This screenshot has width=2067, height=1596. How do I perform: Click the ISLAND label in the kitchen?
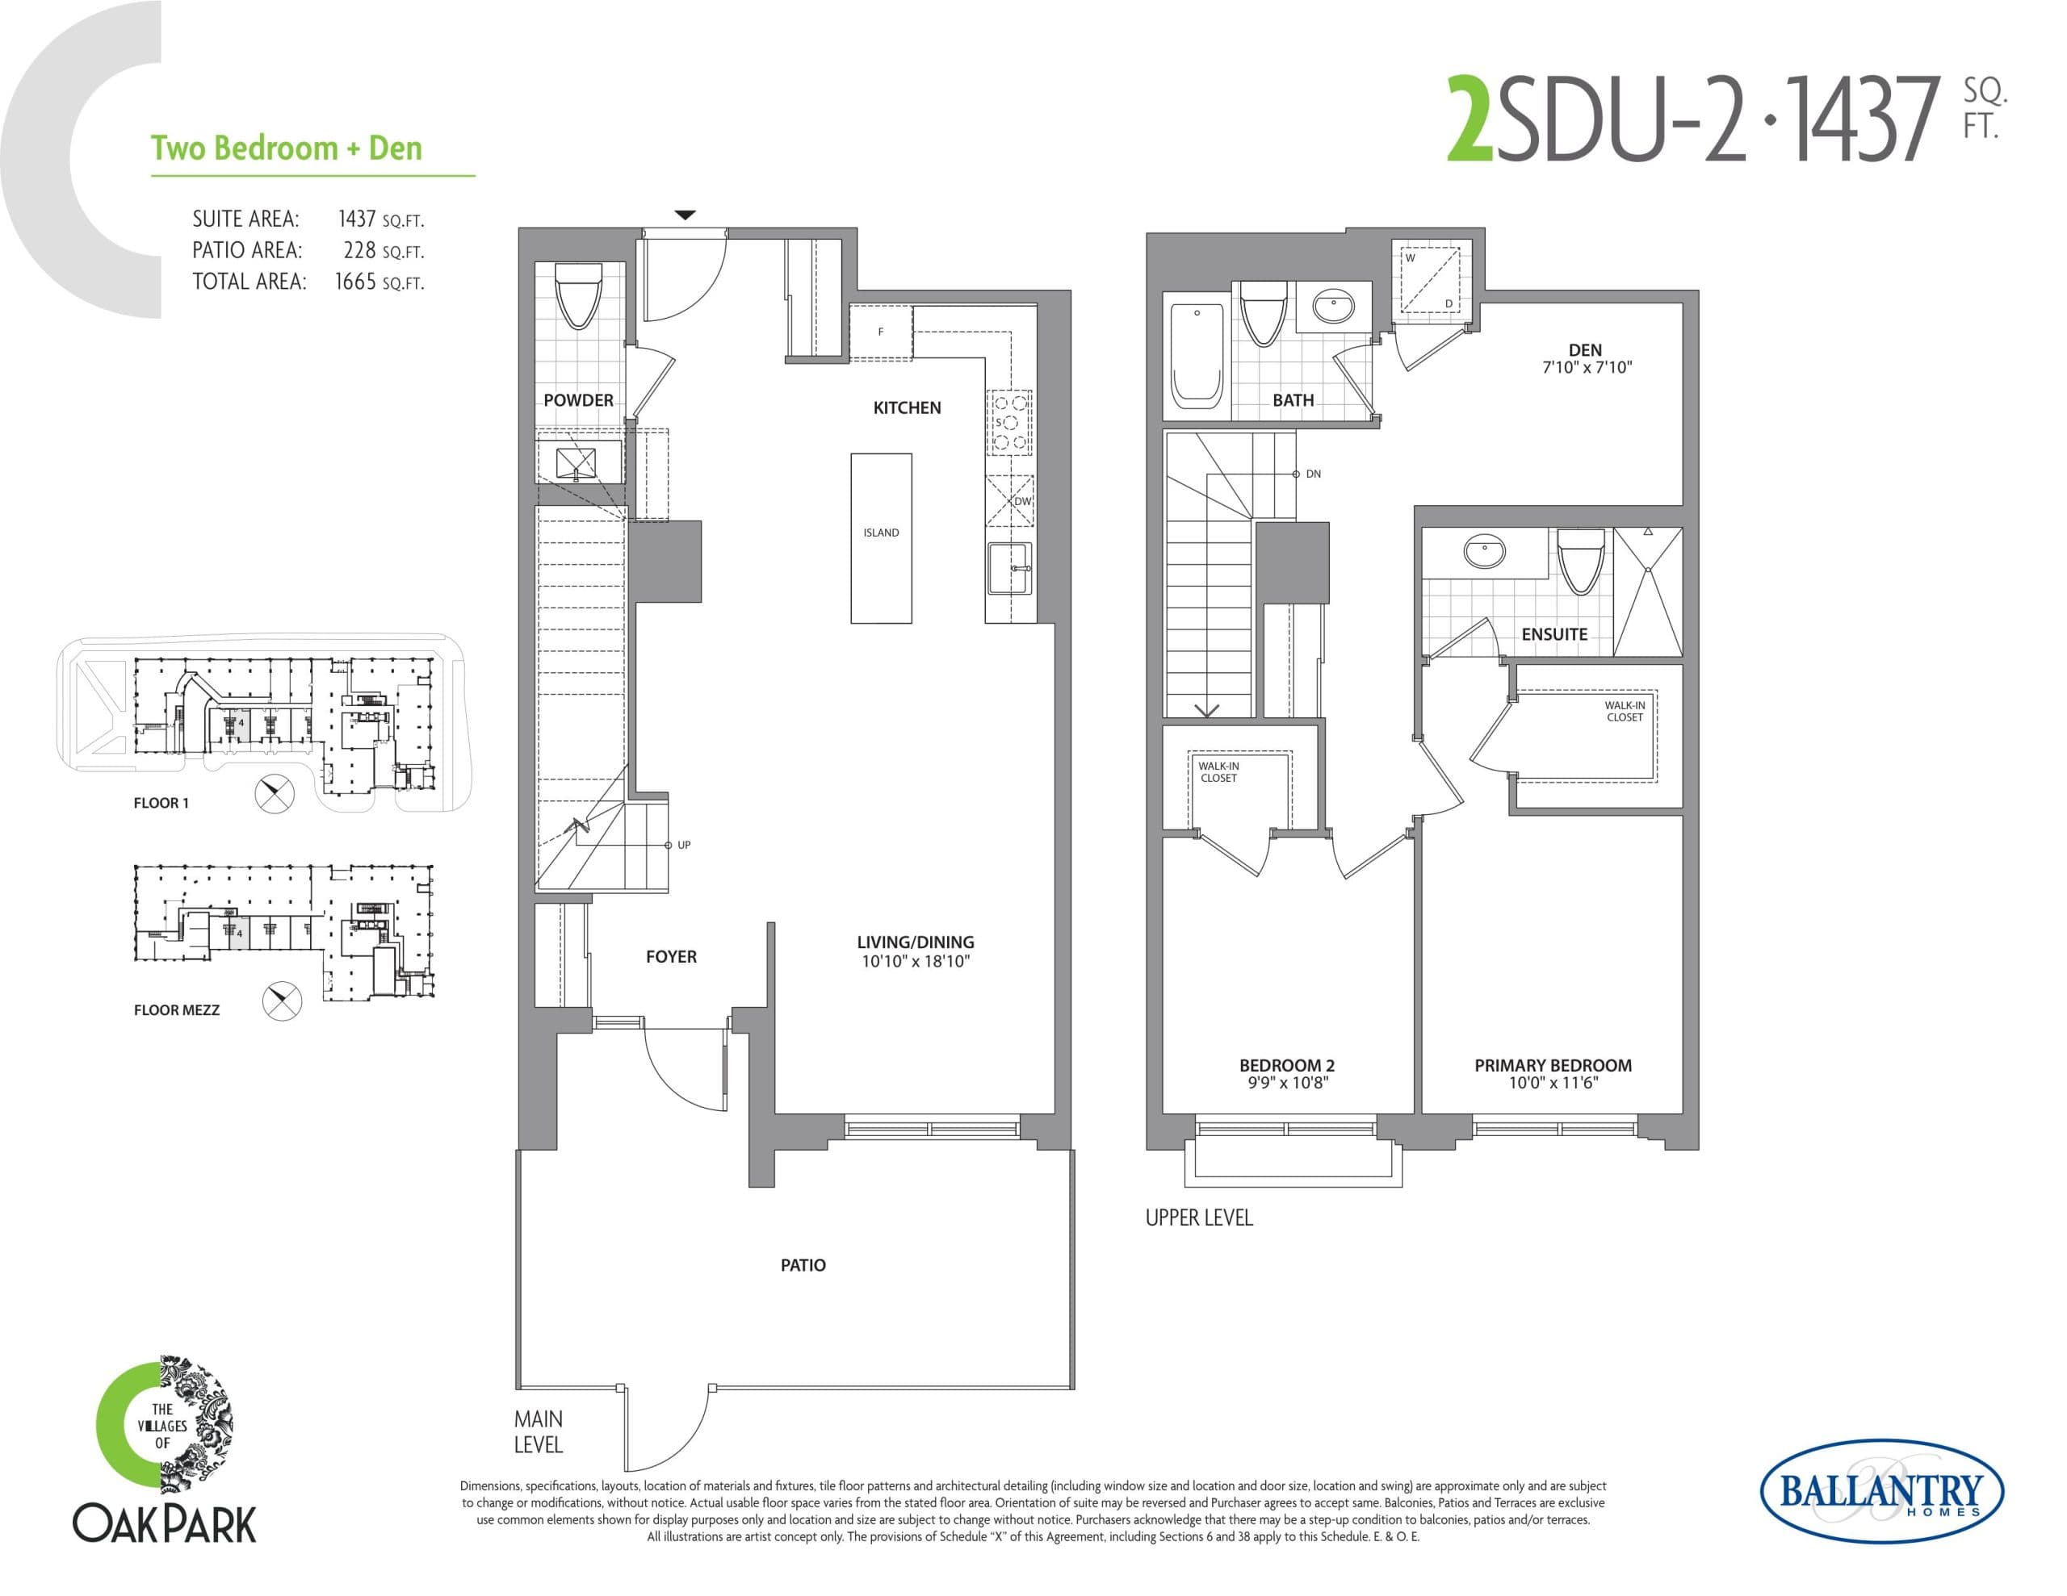pyautogui.click(x=880, y=533)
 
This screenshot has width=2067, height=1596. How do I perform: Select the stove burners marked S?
pyautogui.click(x=1009, y=423)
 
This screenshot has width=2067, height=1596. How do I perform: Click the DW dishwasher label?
pyautogui.click(x=1022, y=501)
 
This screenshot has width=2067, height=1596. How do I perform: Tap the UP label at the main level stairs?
pyautogui.click(x=683, y=845)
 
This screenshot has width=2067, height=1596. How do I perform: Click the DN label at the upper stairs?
pyautogui.click(x=1313, y=474)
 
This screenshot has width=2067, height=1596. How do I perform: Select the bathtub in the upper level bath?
pyautogui.click(x=1197, y=355)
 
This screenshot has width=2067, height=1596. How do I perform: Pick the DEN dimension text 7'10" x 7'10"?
pyautogui.click(x=1587, y=368)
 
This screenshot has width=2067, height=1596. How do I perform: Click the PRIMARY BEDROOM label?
pyautogui.click(x=1552, y=1065)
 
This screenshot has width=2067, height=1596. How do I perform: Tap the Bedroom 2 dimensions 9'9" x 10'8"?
pyautogui.click(x=1287, y=1084)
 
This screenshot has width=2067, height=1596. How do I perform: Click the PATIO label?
pyautogui.click(x=803, y=1265)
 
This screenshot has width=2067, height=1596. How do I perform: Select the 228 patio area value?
pyautogui.click(x=359, y=251)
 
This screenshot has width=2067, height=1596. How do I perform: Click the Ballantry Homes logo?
pyautogui.click(x=1880, y=1492)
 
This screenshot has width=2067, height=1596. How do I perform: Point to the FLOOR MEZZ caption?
pyautogui.click(x=176, y=1010)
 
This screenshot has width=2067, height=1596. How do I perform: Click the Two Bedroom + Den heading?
pyautogui.click(x=286, y=148)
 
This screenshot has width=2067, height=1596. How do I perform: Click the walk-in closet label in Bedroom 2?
pyautogui.click(x=1218, y=772)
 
